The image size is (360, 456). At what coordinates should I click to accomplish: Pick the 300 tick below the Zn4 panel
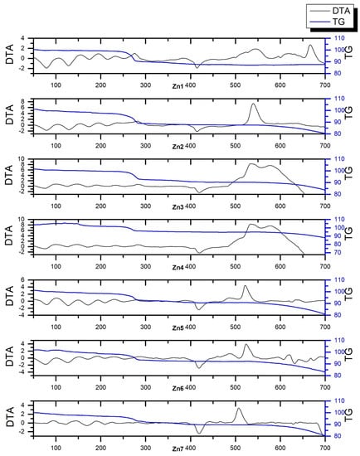click(145, 266)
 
